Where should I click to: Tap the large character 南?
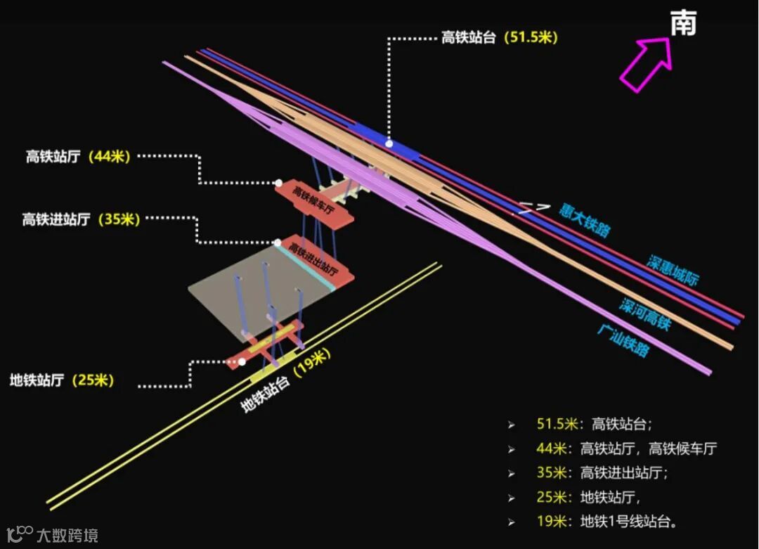[x=683, y=24]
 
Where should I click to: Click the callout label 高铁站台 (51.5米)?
[x=499, y=38]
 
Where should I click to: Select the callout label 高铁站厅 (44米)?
[x=78, y=157]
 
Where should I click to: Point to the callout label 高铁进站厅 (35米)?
[x=81, y=219]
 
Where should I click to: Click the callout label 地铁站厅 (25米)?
[x=62, y=380]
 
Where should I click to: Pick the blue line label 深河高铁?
[x=645, y=314]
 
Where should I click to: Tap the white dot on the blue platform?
[x=389, y=143]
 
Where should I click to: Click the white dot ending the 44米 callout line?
[x=278, y=183]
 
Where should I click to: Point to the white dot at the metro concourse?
[x=242, y=361]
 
